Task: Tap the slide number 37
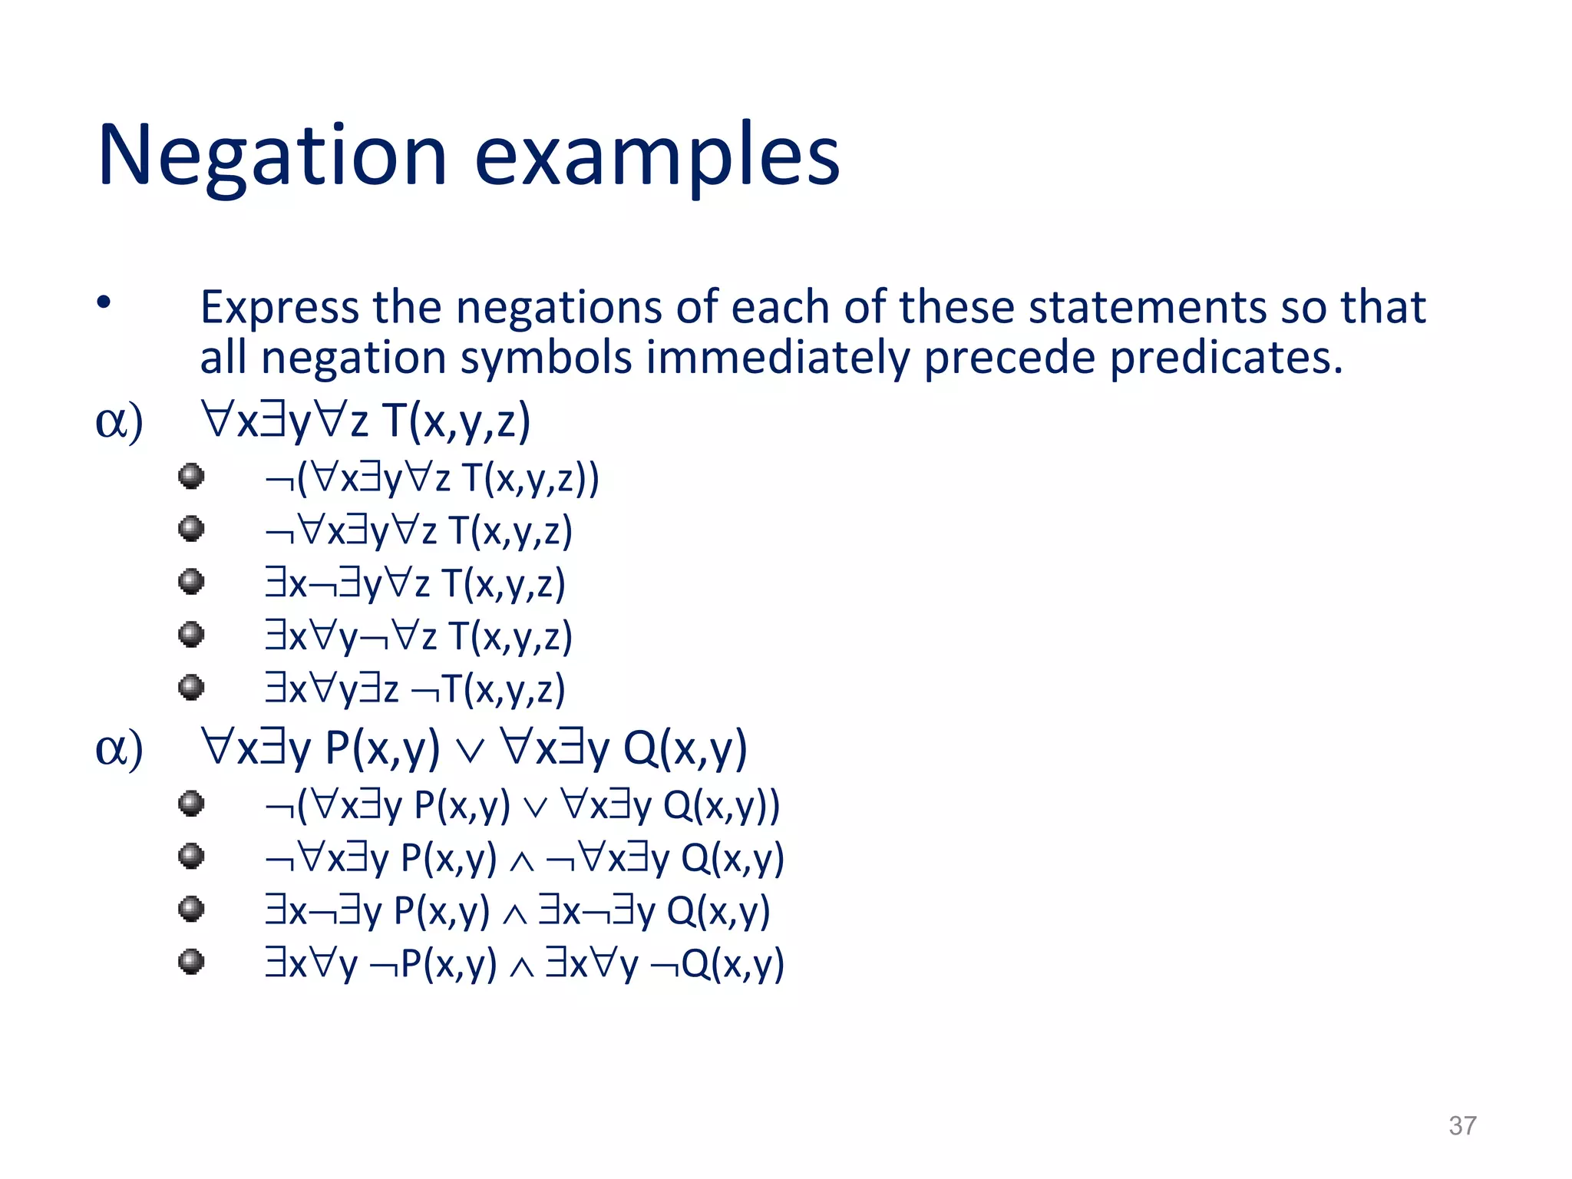coord(1462,1125)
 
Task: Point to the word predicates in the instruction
coord(1226,358)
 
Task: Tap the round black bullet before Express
coord(104,302)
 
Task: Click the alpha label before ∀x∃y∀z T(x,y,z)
coord(119,421)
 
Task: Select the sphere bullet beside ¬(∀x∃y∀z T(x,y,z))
coord(191,476)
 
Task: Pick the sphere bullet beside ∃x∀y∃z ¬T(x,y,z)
coord(191,687)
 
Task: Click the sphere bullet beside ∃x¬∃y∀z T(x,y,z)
coord(191,581)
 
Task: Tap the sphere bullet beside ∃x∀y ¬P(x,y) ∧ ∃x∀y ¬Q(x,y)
coord(191,961)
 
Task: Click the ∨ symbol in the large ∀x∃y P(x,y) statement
coord(470,752)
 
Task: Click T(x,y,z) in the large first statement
coord(456,421)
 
